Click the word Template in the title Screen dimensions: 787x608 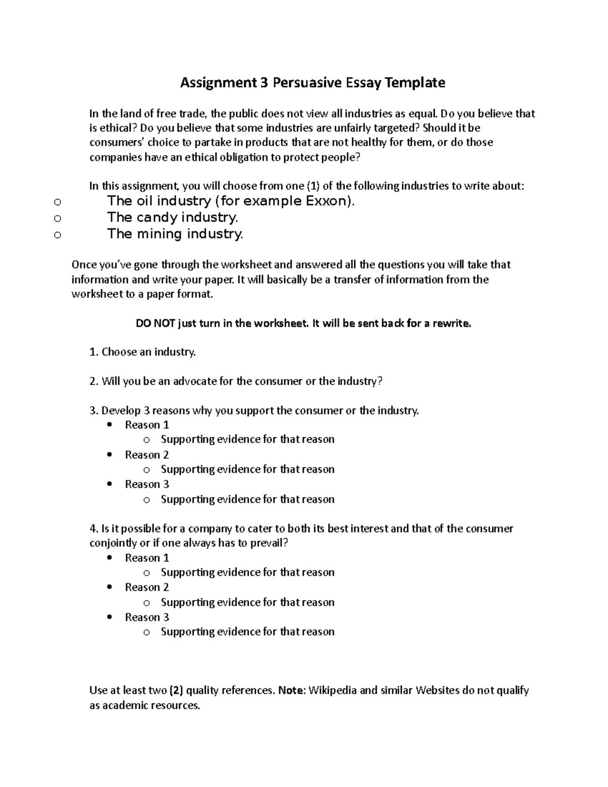pos(414,83)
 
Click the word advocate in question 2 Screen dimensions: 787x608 pos(195,381)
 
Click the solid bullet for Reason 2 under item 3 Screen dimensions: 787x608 pos(110,455)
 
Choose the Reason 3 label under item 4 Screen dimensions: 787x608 pos(147,617)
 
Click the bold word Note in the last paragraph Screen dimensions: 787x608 pos(291,690)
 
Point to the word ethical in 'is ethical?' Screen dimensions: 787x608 pos(117,128)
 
